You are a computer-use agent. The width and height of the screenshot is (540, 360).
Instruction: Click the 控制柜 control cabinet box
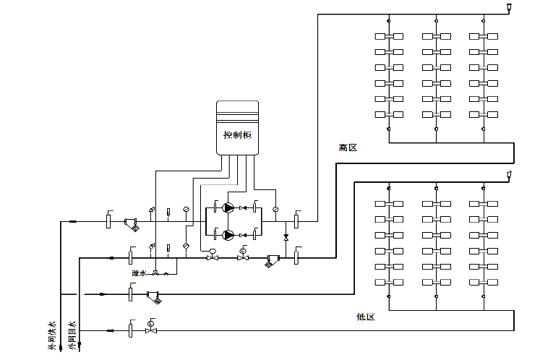(x=237, y=127)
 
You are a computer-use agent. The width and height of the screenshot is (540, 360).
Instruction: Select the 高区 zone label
(x=348, y=147)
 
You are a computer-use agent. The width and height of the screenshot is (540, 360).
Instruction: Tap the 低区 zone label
(x=366, y=317)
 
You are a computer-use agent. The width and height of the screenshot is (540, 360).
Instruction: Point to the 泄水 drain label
(x=138, y=273)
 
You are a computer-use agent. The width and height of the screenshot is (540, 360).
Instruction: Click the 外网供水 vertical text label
(x=51, y=336)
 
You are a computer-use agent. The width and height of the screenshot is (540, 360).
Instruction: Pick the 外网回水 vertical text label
(x=72, y=336)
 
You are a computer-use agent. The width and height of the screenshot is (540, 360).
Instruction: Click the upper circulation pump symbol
(x=228, y=208)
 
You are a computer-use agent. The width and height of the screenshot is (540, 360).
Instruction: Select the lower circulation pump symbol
(x=228, y=234)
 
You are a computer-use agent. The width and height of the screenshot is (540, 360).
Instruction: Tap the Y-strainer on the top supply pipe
(x=131, y=224)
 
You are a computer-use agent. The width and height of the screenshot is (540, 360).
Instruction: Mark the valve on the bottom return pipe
(x=150, y=330)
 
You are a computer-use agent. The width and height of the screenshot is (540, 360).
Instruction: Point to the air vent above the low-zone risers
(x=510, y=173)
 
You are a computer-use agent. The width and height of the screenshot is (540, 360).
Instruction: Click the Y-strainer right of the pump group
(x=273, y=261)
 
